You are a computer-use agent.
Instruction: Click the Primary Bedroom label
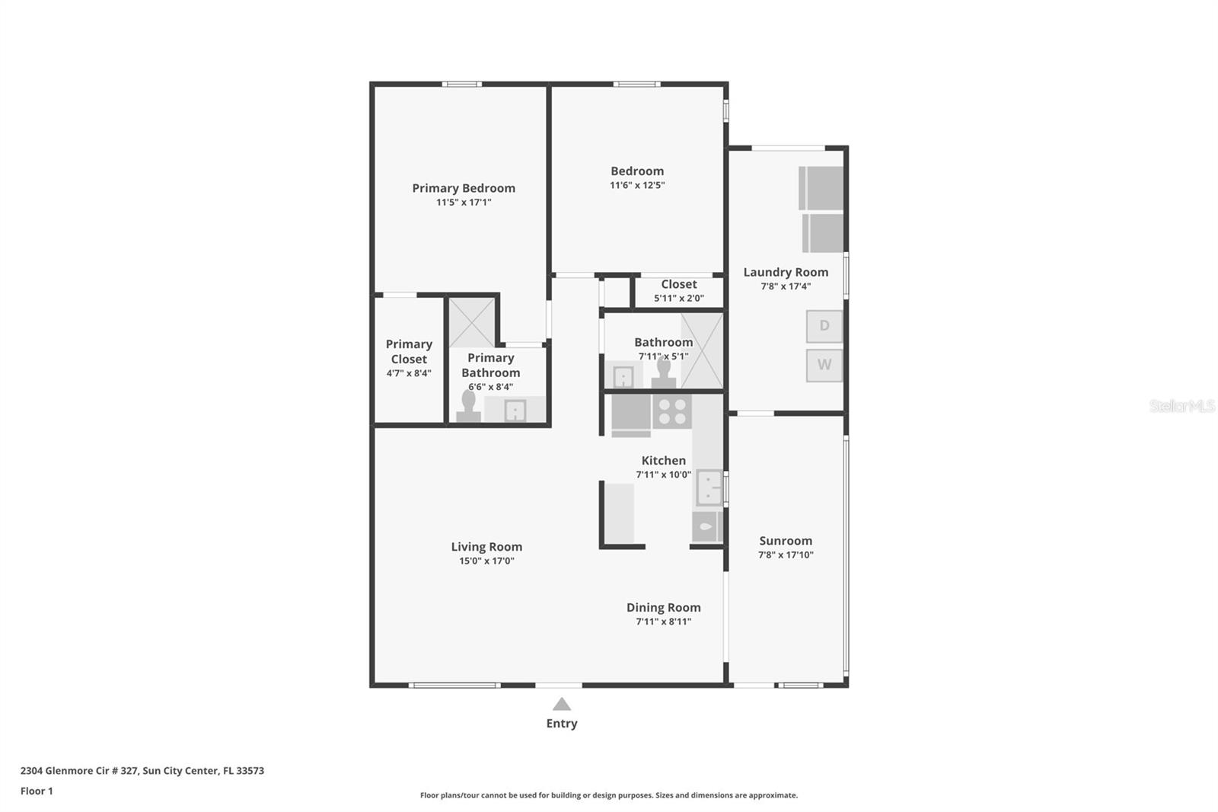(x=464, y=188)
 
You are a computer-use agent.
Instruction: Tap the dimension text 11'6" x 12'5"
(x=637, y=185)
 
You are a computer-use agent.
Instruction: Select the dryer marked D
(x=824, y=326)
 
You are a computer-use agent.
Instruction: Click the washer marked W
(x=824, y=365)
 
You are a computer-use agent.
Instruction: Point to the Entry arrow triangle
(x=562, y=705)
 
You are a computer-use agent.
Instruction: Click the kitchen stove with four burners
(x=671, y=412)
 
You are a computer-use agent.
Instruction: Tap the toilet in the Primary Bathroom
(x=468, y=407)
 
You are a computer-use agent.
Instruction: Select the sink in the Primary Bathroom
(x=515, y=411)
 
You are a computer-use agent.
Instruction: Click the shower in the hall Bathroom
(x=701, y=350)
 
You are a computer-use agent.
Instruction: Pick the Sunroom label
(x=786, y=541)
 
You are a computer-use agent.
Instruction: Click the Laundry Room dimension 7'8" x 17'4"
(x=786, y=286)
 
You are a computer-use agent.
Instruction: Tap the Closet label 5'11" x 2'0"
(x=679, y=291)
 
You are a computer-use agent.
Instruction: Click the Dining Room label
(x=664, y=607)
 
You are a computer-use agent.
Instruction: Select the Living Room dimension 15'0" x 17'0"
(x=486, y=561)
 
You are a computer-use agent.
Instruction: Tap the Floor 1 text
(x=37, y=791)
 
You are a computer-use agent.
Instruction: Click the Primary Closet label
(x=409, y=352)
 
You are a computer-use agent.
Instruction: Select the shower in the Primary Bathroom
(x=472, y=322)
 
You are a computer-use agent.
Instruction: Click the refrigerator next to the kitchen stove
(x=630, y=414)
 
